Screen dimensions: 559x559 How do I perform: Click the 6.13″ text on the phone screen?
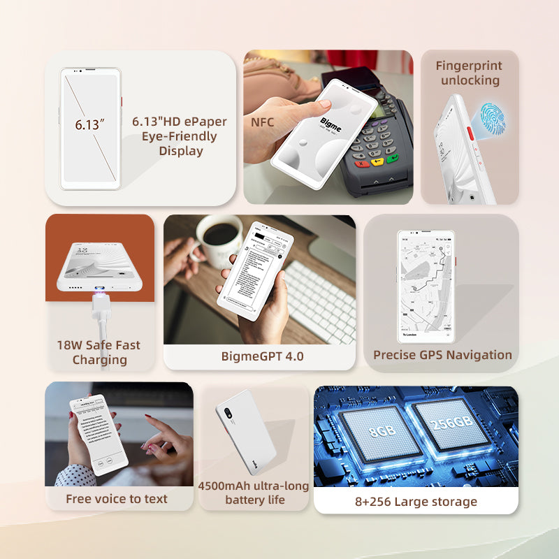point(89,126)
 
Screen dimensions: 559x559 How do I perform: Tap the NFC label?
point(262,123)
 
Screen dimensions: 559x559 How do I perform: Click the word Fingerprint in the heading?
point(469,66)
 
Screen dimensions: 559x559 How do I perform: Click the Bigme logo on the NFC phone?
point(331,125)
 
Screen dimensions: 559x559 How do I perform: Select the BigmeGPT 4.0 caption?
point(262,356)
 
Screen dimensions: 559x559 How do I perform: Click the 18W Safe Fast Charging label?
point(99,352)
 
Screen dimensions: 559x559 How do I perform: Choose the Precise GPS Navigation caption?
point(442,355)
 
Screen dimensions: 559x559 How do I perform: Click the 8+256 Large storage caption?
point(416,502)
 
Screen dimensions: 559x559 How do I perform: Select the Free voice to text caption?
point(117,499)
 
